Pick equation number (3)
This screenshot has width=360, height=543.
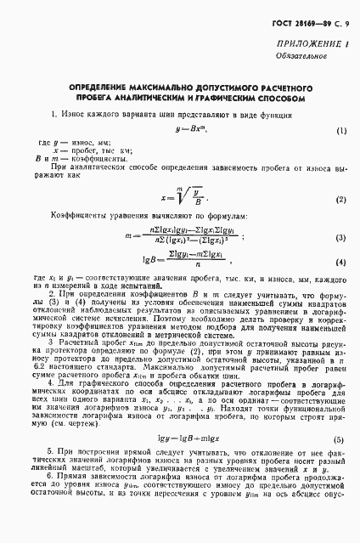click(x=340, y=238)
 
